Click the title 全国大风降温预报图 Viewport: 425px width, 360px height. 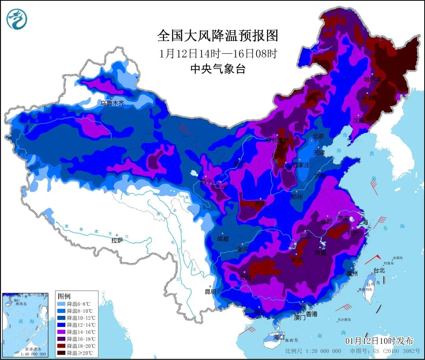pos(218,36)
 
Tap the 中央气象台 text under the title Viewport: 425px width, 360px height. pos(218,69)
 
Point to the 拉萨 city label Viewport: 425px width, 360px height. pos(117,240)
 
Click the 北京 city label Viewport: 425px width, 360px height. pos(318,136)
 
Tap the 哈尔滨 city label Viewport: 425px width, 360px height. pos(373,79)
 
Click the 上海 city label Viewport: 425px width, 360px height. pos(362,223)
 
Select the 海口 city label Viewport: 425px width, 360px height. pos(279,337)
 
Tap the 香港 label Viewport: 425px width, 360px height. pos(312,314)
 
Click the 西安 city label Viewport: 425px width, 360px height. pos(261,204)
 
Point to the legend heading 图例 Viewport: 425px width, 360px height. pos(64,296)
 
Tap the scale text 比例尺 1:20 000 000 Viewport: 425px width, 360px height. pos(313,351)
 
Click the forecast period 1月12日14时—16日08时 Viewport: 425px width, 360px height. pos(218,53)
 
